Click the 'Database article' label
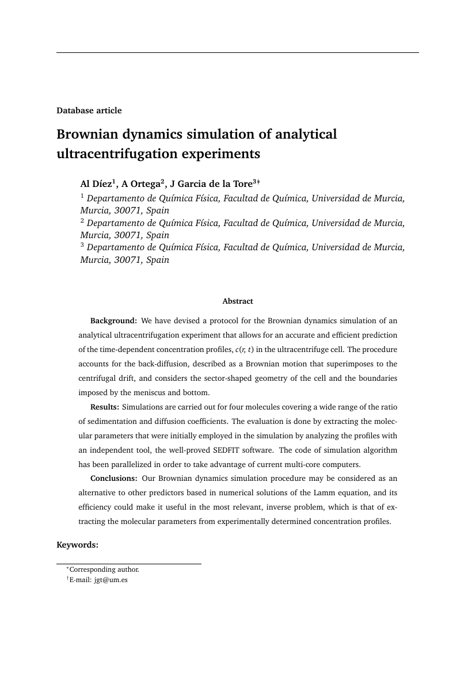coord(89,110)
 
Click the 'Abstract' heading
coord(238,301)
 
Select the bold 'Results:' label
coord(105,407)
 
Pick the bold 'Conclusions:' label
coord(113,479)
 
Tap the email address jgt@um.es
coord(111,580)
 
